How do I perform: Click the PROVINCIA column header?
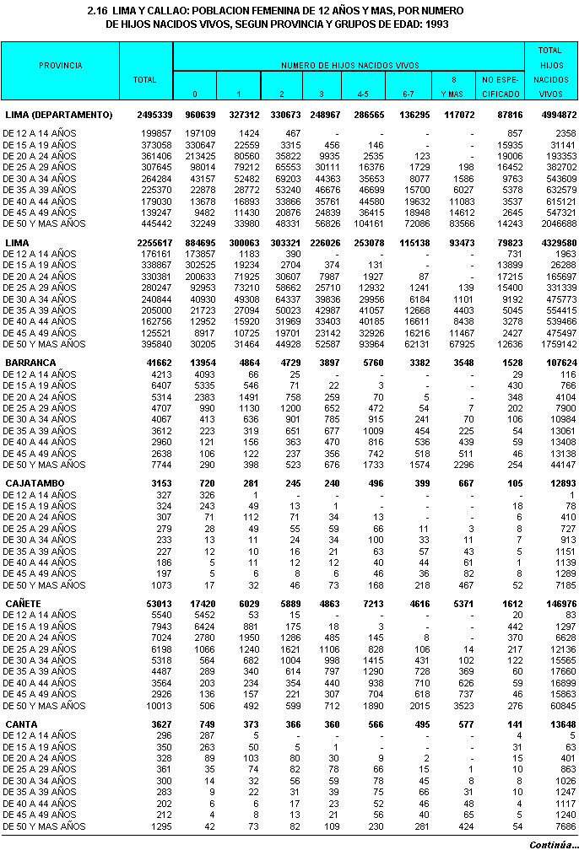(61, 65)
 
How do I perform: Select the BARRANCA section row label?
(30, 363)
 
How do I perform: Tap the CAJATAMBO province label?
(35, 481)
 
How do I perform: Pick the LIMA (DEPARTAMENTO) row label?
(59, 114)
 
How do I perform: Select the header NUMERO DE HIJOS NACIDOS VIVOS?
(350, 65)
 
